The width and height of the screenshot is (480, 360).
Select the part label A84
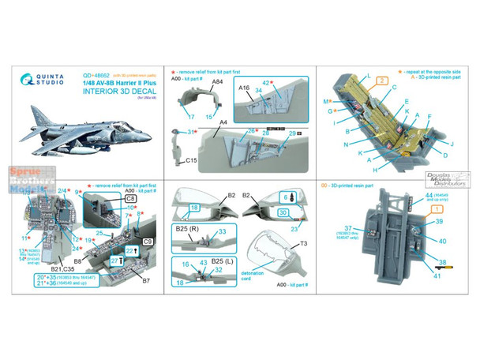195,81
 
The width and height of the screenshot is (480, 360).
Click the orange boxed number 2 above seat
379,81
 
